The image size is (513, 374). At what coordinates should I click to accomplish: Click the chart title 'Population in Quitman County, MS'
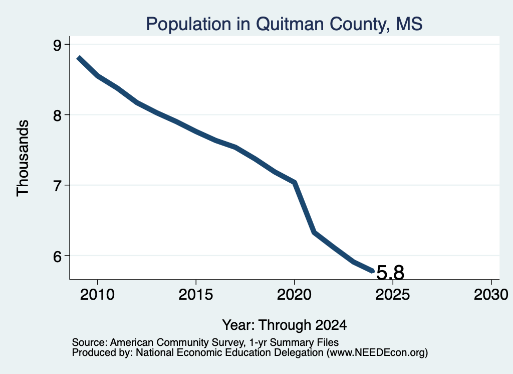284,24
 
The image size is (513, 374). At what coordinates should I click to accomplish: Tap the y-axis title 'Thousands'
23,158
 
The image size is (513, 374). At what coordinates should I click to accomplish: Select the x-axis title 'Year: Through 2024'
285,325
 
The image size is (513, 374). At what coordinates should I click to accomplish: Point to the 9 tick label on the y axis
57,45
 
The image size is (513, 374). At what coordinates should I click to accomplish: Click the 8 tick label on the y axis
57,115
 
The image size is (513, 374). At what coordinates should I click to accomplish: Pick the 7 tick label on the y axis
57,186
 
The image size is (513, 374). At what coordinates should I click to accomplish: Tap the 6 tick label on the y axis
57,256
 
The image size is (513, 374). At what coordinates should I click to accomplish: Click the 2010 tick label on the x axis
97,294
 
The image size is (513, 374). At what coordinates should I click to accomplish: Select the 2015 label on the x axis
196,294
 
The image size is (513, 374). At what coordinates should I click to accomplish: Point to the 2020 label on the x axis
294,294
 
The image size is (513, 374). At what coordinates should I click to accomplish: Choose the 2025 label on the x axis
393,294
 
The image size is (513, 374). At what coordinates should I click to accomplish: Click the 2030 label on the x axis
491,294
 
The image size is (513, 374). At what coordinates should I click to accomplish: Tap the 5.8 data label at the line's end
391,273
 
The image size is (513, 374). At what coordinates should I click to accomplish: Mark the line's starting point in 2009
79,58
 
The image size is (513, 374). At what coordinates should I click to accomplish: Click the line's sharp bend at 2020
295,182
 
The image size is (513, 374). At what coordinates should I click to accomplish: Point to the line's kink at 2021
314,232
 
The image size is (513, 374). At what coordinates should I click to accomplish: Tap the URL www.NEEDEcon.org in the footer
377,353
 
